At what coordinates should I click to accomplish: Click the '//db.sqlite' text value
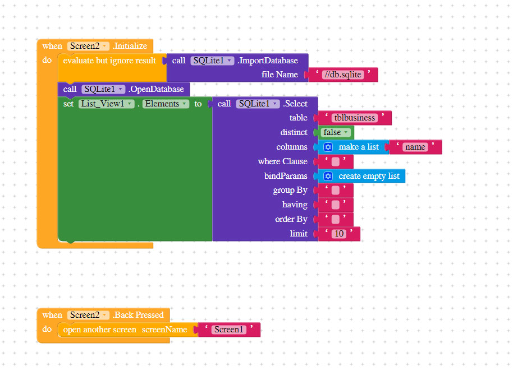(x=342, y=75)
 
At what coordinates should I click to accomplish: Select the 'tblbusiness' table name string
(x=354, y=118)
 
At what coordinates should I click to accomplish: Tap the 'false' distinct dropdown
(x=336, y=133)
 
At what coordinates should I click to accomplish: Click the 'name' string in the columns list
(x=415, y=147)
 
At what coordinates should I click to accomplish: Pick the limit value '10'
(x=338, y=234)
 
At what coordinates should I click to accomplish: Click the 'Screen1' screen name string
(x=228, y=330)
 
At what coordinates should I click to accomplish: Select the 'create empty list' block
(x=368, y=176)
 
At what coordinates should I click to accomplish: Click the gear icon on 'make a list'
(x=328, y=147)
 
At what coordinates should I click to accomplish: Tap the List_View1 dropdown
(x=106, y=104)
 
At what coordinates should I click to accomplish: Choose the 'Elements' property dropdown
(x=166, y=104)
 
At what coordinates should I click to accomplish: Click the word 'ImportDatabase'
(x=268, y=61)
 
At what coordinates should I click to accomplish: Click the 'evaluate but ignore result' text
(x=109, y=61)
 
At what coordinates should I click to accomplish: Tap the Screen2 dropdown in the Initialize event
(x=88, y=46)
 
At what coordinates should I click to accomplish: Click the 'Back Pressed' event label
(x=138, y=315)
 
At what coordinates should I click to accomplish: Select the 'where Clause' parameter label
(x=282, y=161)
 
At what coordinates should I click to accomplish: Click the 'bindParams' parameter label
(x=286, y=176)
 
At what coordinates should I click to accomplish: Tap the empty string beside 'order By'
(x=335, y=220)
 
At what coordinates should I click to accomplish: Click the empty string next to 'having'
(x=335, y=205)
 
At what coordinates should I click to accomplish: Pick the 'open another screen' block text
(x=99, y=330)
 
